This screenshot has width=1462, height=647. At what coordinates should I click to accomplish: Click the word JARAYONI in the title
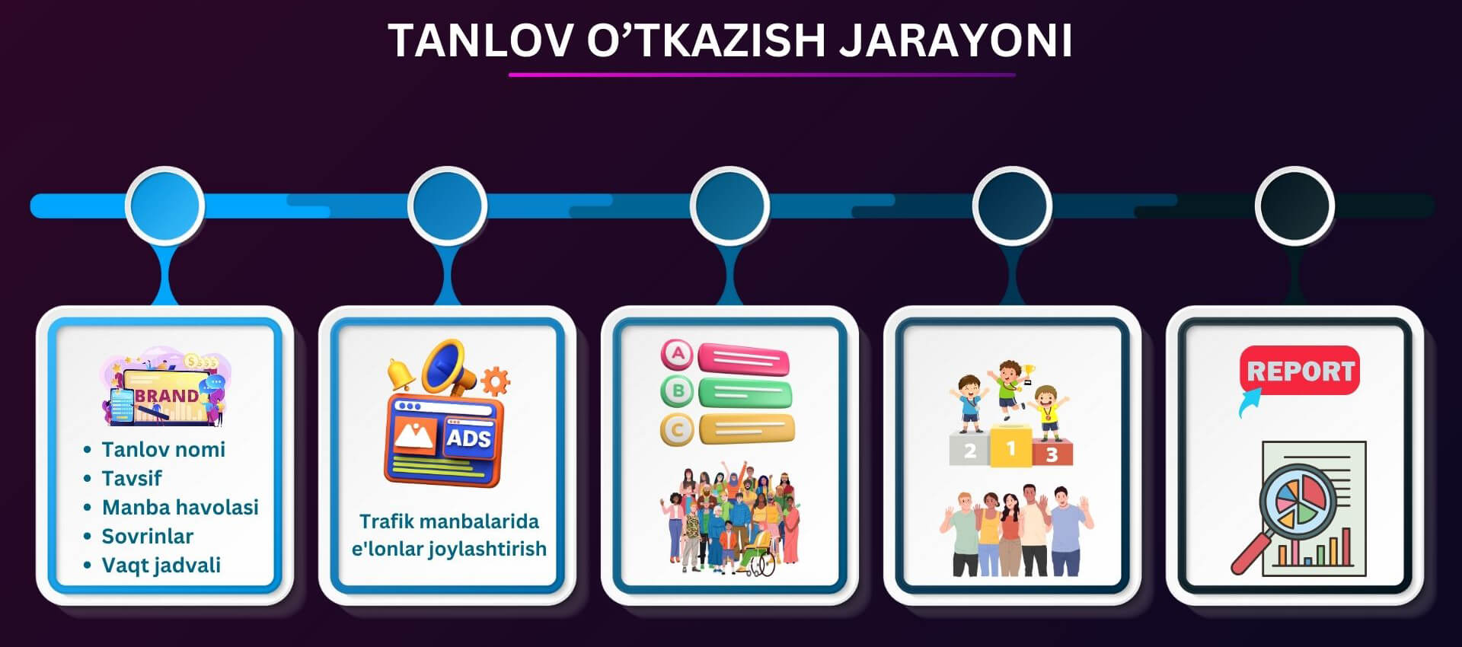pyautogui.click(x=956, y=40)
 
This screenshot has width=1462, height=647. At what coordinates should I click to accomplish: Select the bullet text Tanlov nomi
pyautogui.click(x=164, y=449)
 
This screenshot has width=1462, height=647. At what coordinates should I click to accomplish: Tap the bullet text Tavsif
pyautogui.click(x=132, y=478)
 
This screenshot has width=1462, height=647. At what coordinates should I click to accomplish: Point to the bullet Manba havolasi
pyautogui.click(x=180, y=507)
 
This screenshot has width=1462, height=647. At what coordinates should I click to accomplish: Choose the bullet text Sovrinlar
pyautogui.click(x=148, y=536)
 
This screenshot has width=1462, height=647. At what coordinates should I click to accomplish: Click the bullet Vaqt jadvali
pyautogui.click(x=161, y=565)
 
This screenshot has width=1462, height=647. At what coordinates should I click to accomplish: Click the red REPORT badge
pyautogui.click(x=1300, y=371)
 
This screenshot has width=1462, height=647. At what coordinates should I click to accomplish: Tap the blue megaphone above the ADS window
pyautogui.click(x=449, y=365)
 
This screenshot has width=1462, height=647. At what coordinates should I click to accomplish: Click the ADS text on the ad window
pyautogui.click(x=468, y=438)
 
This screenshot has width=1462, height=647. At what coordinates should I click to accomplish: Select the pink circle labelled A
pyautogui.click(x=677, y=354)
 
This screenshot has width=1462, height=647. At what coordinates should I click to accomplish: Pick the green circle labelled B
pyautogui.click(x=677, y=391)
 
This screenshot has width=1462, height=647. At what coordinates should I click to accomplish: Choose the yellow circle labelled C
pyautogui.click(x=677, y=430)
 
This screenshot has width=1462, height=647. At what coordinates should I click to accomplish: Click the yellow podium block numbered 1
pyautogui.click(x=1011, y=447)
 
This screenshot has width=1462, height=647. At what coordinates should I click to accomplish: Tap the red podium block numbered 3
pyautogui.click(x=1052, y=453)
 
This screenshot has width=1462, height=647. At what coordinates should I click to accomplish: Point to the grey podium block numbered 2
pyautogui.click(x=970, y=449)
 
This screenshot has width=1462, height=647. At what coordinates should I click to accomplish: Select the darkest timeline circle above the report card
pyautogui.click(x=1294, y=206)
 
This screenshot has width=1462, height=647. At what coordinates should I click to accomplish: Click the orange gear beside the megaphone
pyautogui.click(x=495, y=381)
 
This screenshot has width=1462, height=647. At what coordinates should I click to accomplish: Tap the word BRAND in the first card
pyautogui.click(x=167, y=396)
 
